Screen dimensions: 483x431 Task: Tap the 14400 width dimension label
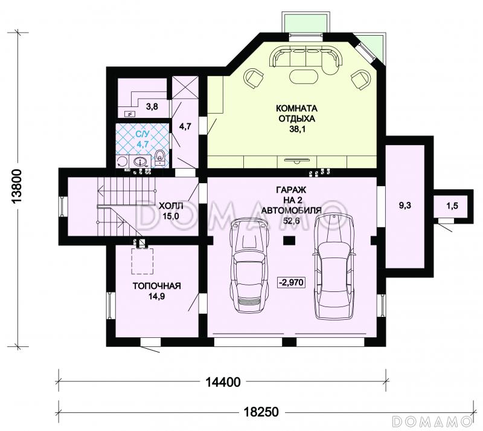[223, 382]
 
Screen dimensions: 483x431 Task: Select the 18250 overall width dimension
[261, 412]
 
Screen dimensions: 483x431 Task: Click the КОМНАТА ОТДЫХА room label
[296, 114]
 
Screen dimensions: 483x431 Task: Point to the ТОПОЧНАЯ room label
[157, 286]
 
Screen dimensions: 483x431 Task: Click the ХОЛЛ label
[171, 206]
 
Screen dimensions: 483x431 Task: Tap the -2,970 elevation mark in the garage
[291, 282]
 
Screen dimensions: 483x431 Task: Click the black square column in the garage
[289, 240]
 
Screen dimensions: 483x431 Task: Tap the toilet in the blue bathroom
[160, 158]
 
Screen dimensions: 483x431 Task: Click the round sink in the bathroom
[141, 161]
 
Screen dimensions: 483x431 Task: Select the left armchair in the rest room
[254, 78]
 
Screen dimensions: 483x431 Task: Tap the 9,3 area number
[405, 206]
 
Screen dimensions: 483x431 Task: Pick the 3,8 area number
[152, 107]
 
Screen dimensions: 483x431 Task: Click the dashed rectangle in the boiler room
[142, 261]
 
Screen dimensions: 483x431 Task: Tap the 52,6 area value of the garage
[292, 221]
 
